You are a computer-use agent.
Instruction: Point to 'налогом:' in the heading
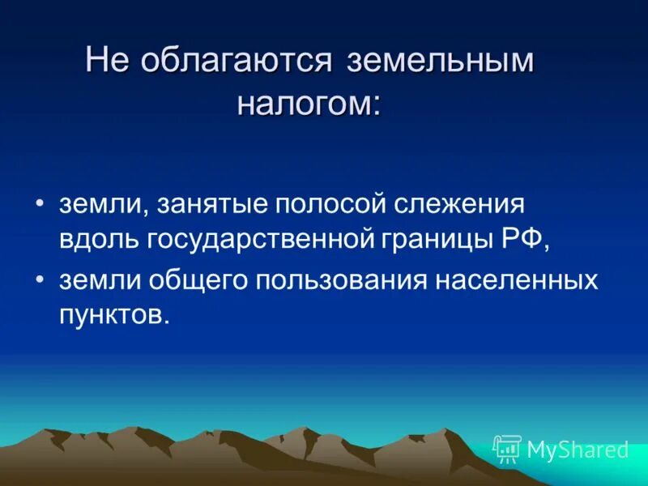[x=309, y=104]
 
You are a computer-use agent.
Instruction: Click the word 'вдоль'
[x=98, y=241]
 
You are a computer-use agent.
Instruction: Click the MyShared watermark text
[x=578, y=449]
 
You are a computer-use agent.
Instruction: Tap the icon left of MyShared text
[x=507, y=448]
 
